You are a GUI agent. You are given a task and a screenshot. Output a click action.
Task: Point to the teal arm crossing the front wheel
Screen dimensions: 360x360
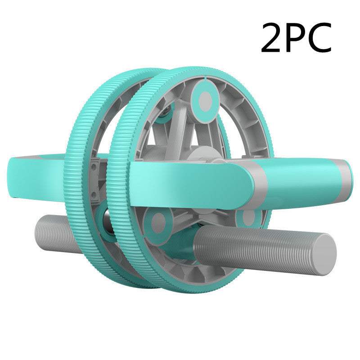click(189, 180)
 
